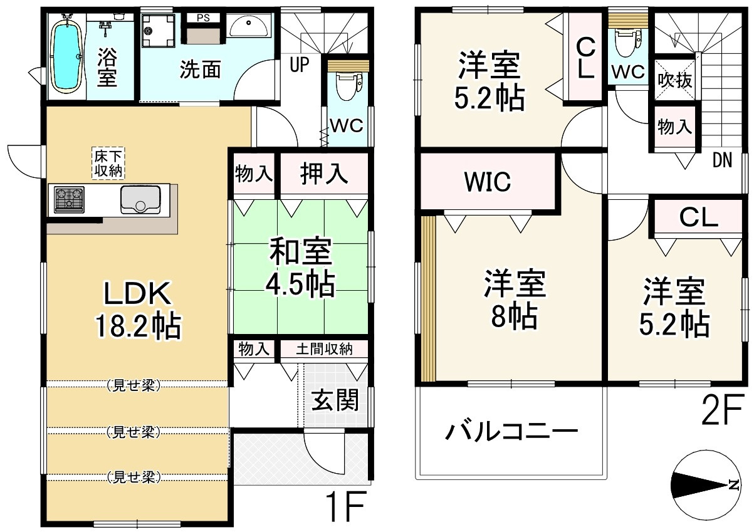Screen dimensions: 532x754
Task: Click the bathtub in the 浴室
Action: (65, 55)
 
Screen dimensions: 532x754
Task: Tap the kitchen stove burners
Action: (70, 199)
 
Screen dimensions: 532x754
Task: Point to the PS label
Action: (203, 18)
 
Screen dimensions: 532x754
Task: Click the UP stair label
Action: (299, 64)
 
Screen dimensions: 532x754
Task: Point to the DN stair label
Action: (721, 161)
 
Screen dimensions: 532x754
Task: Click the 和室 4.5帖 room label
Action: (300, 269)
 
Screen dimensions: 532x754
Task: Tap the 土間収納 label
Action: (324, 349)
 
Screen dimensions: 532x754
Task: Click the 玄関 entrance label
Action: (335, 400)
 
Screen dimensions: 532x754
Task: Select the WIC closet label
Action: (488, 182)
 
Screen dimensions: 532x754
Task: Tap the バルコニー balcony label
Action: (511, 432)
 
